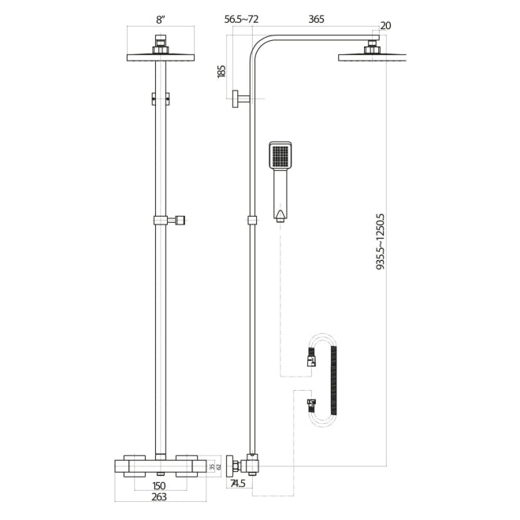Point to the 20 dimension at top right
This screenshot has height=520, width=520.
click(x=385, y=26)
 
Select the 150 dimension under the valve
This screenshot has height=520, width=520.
click(x=160, y=485)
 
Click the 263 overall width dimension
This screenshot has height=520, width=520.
click(x=160, y=498)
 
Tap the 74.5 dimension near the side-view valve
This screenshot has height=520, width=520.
click(x=239, y=485)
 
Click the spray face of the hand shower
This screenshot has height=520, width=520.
click(x=280, y=156)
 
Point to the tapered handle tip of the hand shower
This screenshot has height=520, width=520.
click(x=280, y=214)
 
